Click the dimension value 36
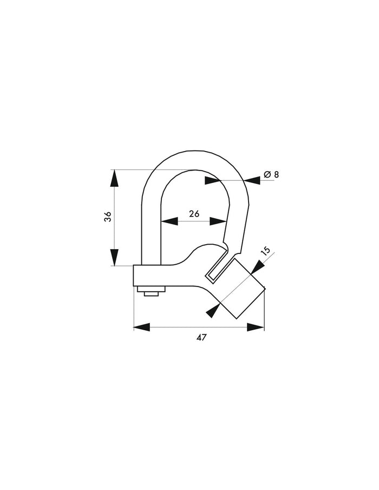pyautogui.click(x=108, y=216)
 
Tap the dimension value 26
pyautogui.click(x=194, y=213)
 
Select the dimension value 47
pyautogui.click(x=201, y=337)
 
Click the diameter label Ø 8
pyautogui.click(x=271, y=174)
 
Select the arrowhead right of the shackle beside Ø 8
pyautogui.click(x=252, y=179)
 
